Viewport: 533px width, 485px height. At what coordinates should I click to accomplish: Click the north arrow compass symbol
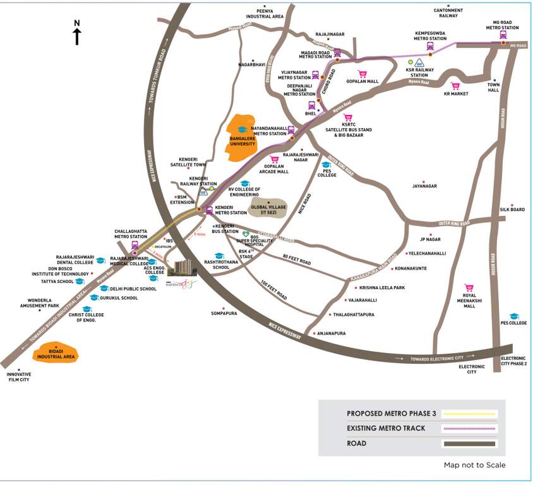(77, 33)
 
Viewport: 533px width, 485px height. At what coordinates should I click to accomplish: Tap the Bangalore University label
(242, 141)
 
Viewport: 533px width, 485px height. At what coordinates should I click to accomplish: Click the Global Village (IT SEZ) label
(269, 209)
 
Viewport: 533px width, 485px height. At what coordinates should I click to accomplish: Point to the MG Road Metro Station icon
(503, 35)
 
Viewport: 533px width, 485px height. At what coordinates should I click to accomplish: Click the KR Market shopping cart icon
(455, 86)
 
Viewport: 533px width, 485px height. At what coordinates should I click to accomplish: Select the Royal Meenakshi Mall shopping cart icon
(469, 287)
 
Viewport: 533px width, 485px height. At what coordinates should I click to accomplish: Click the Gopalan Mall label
(362, 81)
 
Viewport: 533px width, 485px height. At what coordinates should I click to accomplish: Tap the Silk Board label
(512, 210)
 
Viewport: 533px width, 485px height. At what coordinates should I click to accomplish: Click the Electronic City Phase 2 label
(513, 361)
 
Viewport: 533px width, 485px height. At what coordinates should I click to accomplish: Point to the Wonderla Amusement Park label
(39, 302)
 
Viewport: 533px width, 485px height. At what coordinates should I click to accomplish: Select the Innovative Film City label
(19, 377)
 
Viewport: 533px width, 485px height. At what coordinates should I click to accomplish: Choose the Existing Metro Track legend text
(385, 429)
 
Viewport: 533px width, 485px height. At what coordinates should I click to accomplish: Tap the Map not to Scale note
(474, 465)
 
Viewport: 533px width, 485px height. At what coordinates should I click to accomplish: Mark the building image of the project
(183, 268)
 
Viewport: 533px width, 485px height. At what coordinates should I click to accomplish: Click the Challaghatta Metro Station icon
(135, 246)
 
